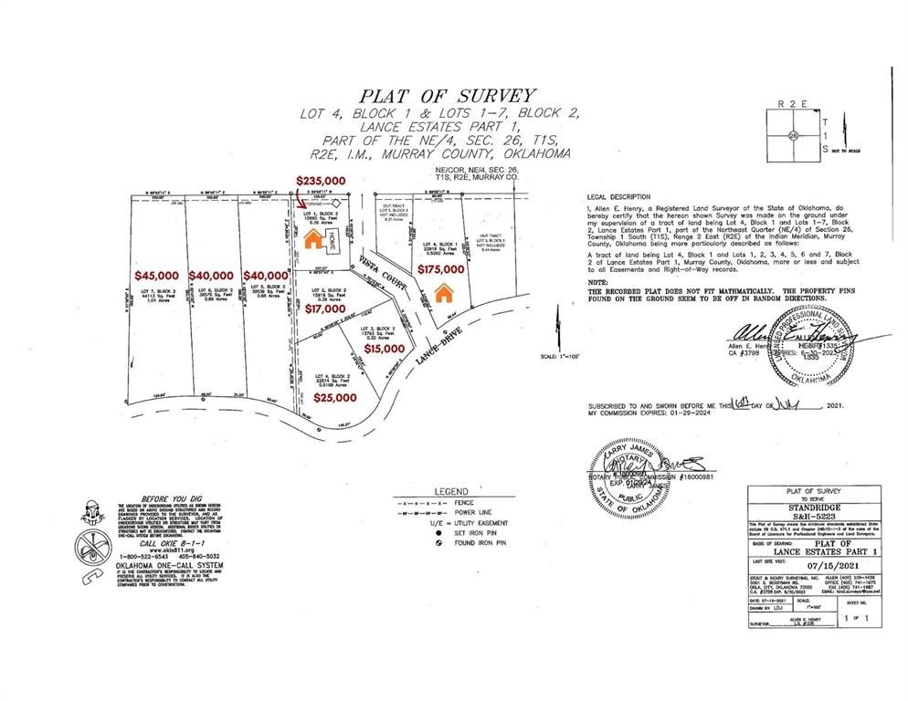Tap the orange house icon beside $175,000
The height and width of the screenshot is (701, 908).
pos(444,294)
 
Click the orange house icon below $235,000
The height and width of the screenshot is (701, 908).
pos(312,239)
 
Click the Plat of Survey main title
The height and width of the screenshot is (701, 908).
pos(447,95)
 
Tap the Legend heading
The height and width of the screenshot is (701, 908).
pos(451,491)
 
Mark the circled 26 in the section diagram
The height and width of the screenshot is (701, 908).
pos(794,134)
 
